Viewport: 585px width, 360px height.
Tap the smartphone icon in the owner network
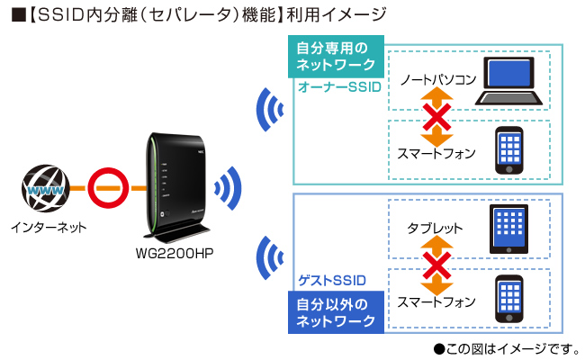click(509, 149)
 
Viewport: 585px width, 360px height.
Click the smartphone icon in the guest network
click(509, 298)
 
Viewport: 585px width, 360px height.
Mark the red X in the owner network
click(436, 116)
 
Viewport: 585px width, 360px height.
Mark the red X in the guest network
click(436, 265)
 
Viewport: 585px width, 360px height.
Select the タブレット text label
click(435, 229)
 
